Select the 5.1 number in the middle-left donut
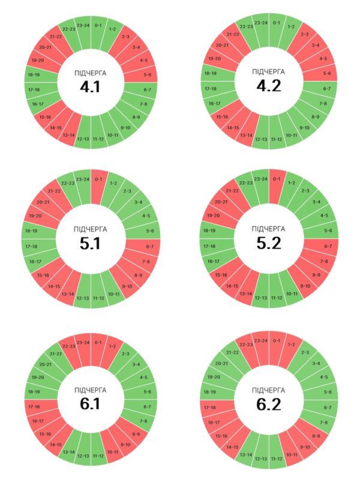click(x=91, y=244)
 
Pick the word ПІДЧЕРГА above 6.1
click(x=91, y=391)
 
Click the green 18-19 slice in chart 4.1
click(x=33, y=75)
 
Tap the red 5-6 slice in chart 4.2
click(x=326, y=74)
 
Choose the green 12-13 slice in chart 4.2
click(x=262, y=139)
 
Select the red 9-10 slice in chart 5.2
click(x=305, y=286)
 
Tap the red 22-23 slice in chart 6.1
click(x=68, y=346)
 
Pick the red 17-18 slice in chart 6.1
click(x=33, y=406)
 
